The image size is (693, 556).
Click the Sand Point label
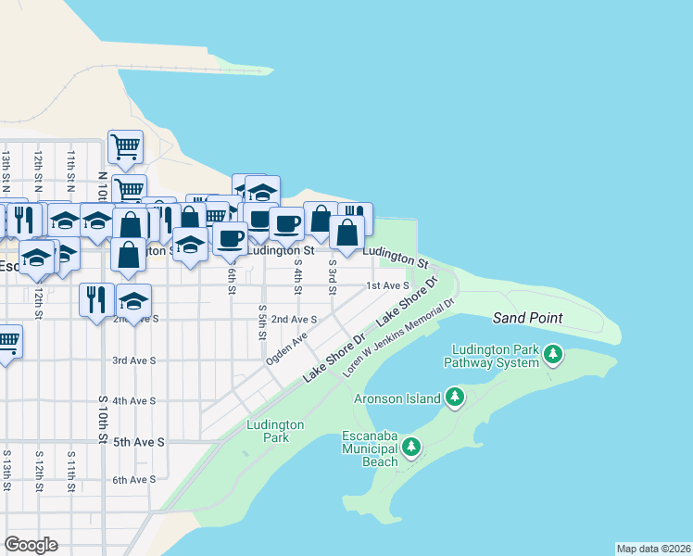point(527,318)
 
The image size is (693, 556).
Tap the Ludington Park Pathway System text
point(491,356)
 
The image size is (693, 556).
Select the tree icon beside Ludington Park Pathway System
point(553,353)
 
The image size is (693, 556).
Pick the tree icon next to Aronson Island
point(454,398)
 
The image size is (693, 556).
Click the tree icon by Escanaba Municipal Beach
point(410,448)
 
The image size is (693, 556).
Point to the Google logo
point(31,545)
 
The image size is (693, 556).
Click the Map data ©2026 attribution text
point(652,549)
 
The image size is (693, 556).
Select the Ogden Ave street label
point(286,348)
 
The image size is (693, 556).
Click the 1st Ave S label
point(387,286)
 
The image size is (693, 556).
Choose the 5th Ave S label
point(138,442)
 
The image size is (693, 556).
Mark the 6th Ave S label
point(132,480)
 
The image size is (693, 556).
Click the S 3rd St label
point(332,275)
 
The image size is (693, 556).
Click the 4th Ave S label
point(132,401)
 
